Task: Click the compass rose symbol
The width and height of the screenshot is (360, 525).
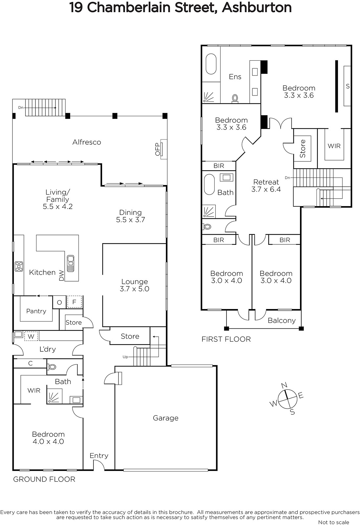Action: pos(287,399)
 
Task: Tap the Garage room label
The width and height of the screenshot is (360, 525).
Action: pos(166,418)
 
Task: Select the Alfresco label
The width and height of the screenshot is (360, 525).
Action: pos(87,142)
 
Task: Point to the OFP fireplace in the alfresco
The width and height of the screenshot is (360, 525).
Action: pos(163,149)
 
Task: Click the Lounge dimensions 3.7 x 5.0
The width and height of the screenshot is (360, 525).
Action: pos(135,289)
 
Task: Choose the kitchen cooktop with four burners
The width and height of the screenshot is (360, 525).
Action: pos(19,266)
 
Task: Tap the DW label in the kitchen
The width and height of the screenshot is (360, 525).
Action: pos(61,275)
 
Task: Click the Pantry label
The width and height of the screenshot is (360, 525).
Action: pos(36,311)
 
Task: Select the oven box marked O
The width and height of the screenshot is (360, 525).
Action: pos(59,302)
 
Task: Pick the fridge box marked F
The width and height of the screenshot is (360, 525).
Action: pos(74,302)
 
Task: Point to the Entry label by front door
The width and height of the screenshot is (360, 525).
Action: pos(99,456)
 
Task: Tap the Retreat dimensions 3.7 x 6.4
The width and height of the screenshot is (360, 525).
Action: pos(266,189)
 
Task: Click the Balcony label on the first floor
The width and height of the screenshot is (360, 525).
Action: pos(282,321)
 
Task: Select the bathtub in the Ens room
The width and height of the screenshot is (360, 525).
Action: pos(211,64)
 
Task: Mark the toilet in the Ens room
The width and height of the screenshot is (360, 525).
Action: pos(235,98)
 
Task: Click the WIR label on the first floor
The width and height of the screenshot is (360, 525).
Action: pos(334,146)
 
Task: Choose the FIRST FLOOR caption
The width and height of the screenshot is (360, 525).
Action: pos(226,339)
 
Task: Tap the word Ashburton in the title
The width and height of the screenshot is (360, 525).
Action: pos(257,8)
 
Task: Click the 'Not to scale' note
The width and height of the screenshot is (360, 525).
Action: pos(334,522)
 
